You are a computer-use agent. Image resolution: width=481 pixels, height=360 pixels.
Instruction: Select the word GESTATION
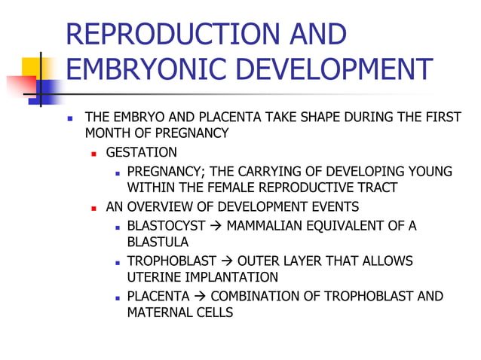(142, 153)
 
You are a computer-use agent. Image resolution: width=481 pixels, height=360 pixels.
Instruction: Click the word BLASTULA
(158, 243)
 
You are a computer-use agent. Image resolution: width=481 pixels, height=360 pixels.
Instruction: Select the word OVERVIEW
(157, 206)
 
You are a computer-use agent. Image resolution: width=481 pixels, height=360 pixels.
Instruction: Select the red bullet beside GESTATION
(95, 154)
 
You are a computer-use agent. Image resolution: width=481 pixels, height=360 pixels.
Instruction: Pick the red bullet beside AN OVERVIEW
(95, 207)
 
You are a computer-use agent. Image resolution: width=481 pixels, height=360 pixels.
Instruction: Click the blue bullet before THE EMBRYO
(70, 118)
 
